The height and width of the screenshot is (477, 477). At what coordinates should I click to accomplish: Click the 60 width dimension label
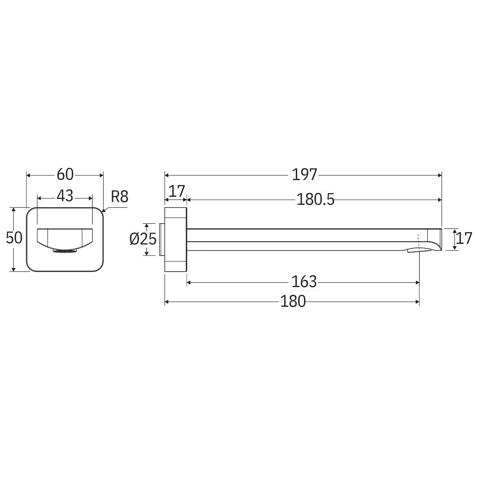point(65,174)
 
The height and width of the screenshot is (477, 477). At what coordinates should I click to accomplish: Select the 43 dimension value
point(65,196)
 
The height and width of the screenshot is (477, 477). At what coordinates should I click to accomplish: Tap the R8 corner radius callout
point(120,197)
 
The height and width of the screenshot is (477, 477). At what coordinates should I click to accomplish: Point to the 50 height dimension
point(14,238)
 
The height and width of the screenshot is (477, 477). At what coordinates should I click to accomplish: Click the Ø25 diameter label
point(143,239)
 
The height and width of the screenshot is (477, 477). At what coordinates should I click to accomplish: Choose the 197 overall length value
point(304,175)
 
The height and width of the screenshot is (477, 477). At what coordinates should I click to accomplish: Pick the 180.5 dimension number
point(315,199)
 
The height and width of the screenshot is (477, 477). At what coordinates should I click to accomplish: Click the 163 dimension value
point(304,282)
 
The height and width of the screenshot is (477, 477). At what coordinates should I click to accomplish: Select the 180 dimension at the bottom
point(293,301)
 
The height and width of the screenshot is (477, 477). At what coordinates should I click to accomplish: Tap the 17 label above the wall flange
point(176,191)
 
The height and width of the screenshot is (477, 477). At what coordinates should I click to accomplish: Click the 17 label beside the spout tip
point(464,238)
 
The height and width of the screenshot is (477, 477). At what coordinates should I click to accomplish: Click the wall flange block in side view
point(176,239)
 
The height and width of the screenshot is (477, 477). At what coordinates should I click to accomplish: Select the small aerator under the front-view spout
point(65,251)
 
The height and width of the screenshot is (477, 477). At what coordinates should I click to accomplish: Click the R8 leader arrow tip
point(103,212)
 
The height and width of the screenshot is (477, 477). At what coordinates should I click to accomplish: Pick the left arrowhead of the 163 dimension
point(189,282)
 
